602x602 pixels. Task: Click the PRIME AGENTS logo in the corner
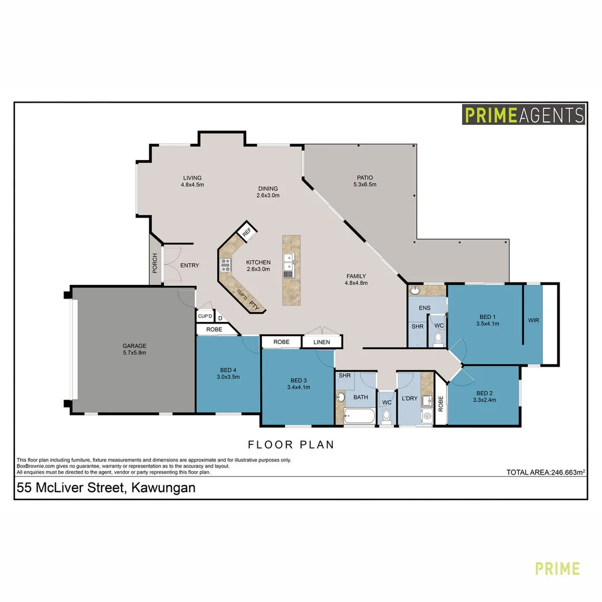(x=523, y=115)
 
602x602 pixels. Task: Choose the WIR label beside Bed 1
(x=533, y=321)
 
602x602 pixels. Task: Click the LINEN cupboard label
(x=322, y=342)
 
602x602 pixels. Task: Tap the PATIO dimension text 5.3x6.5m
(x=365, y=185)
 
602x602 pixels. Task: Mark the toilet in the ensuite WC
(x=438, y=338)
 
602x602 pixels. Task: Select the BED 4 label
(x=228, y=370)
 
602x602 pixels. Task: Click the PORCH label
(x=155, y=264)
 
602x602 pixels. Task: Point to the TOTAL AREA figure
(x=545, y=472)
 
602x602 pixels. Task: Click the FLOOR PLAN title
(x=291, y=444)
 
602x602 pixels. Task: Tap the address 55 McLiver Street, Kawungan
(x=106, y=488)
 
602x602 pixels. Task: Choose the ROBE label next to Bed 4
(x=214, y=329)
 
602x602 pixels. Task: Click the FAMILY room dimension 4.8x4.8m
(x=356, y=283)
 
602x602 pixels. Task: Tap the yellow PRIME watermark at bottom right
(x=557, y=569)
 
